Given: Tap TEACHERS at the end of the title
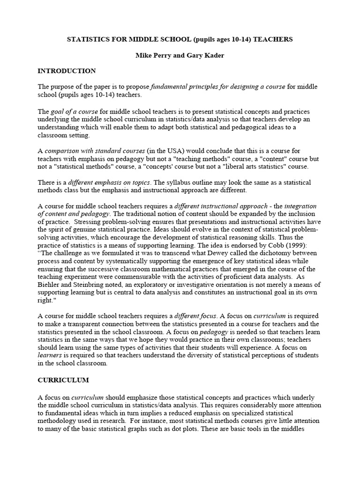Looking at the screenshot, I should (275, 39).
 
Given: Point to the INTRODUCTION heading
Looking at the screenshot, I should (67, 71).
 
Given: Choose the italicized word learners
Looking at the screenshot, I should (50, 355).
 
